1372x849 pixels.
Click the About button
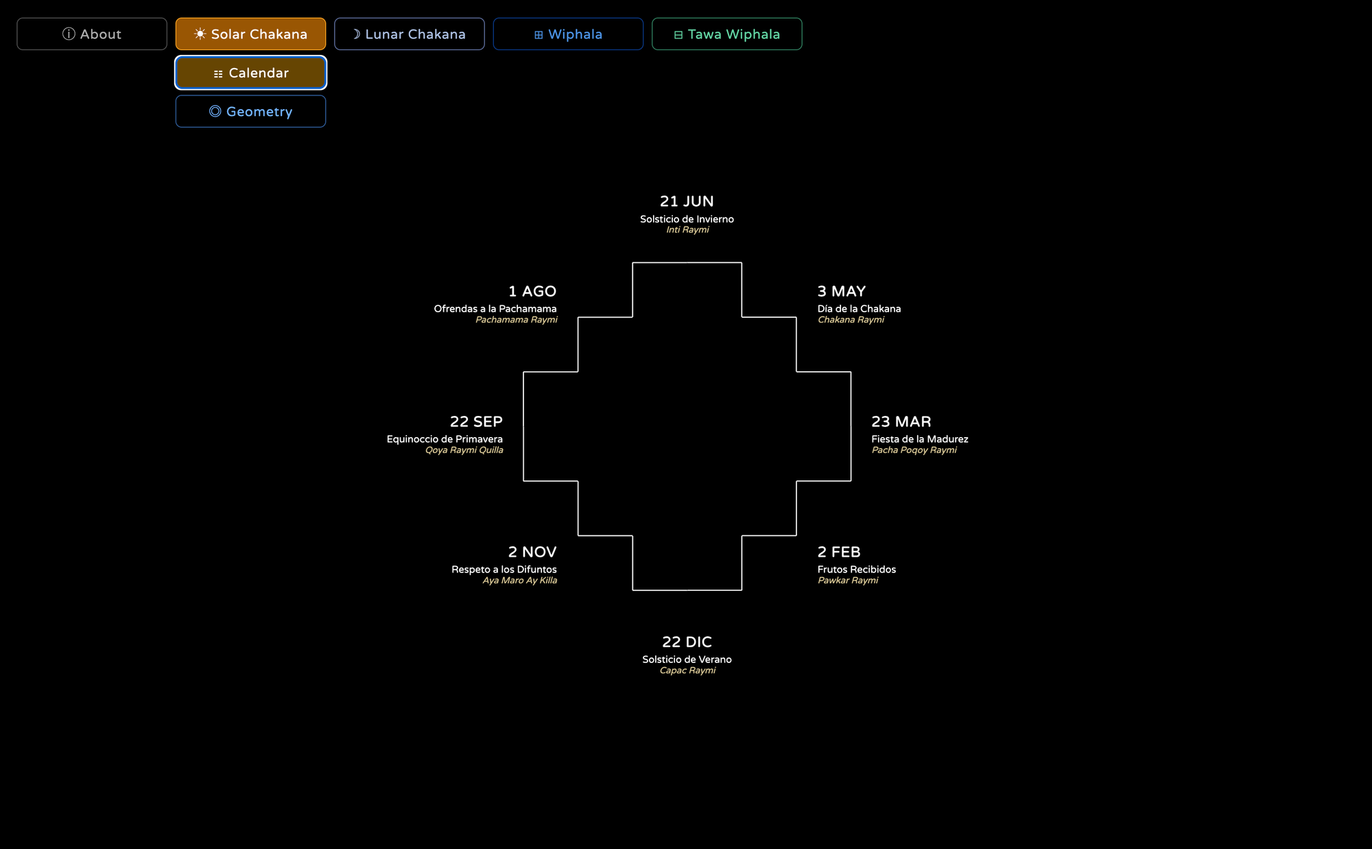click(92, 34)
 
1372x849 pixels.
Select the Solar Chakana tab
click(250, 34)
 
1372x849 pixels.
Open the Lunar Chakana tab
click(410, 34)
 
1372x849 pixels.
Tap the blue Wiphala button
click(568, 34)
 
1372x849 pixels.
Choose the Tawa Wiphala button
click(726, 34)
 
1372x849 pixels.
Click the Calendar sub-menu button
click(250, 73)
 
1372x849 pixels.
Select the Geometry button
click(250, 111)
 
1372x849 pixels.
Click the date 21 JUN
click(687, 201)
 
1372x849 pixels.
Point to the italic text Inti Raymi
click(687, 230)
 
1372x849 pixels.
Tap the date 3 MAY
click(842, 291)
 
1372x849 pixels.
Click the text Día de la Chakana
click(859, 309)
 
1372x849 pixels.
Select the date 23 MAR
click(901, 421)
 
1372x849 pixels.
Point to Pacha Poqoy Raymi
click(914, 450)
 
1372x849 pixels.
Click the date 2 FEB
click(839, 552)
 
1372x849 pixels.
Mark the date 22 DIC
click(687, 642)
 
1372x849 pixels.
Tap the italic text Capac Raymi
click(687, 671)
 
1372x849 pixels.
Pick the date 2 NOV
click(532, 552)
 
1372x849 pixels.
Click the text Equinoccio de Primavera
click(445, 439)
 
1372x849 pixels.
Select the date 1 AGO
click(532, 291)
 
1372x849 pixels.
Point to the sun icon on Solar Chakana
click(200, 34)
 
